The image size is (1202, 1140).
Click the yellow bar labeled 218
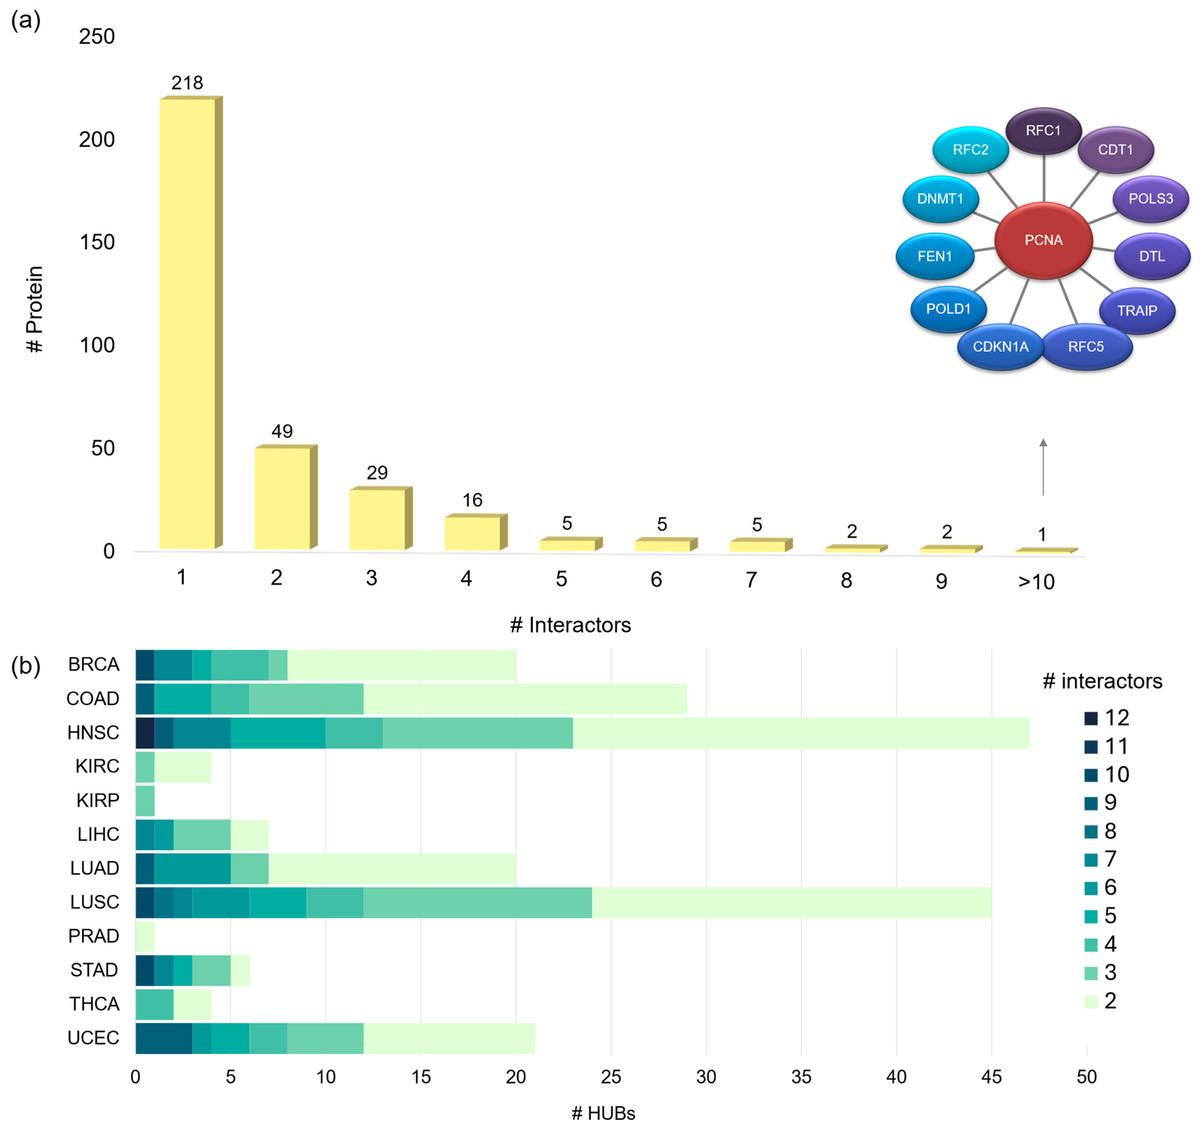pyautogui.click(x=187, y=323)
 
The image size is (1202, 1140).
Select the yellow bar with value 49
pyautogui.click(x=282, y=498)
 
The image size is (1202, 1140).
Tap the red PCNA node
pyautogui.click(x=1043, y=240)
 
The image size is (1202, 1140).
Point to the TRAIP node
pyautogui.click(x=1136, y=311)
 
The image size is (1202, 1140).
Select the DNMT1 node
pyautogui.click(x=940, y=199)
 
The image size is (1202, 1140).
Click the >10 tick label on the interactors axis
pyautogui.click(x=1036, y=582)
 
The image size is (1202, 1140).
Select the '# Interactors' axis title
pyautogui.click(x=570, y=625)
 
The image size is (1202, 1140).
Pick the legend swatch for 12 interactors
pyautogui.click(x=1091, y=718)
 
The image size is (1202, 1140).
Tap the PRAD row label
pyautogui.click(x=94, y=936)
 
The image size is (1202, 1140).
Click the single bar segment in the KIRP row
pyautogui.click(x=145, y=800)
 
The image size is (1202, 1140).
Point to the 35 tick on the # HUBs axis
pyautogui.click(x=801, y=1077)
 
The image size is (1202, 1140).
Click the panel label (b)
pyautogui.click(x=26, y=666)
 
